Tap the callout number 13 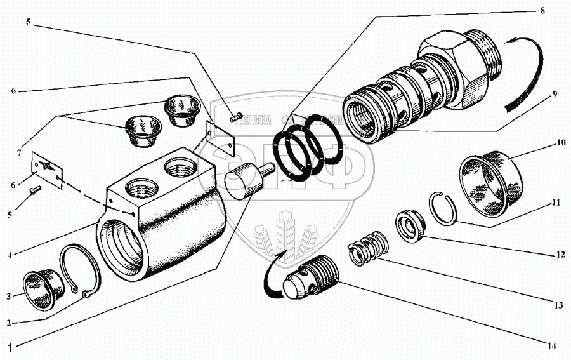558,305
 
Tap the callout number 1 9,347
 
